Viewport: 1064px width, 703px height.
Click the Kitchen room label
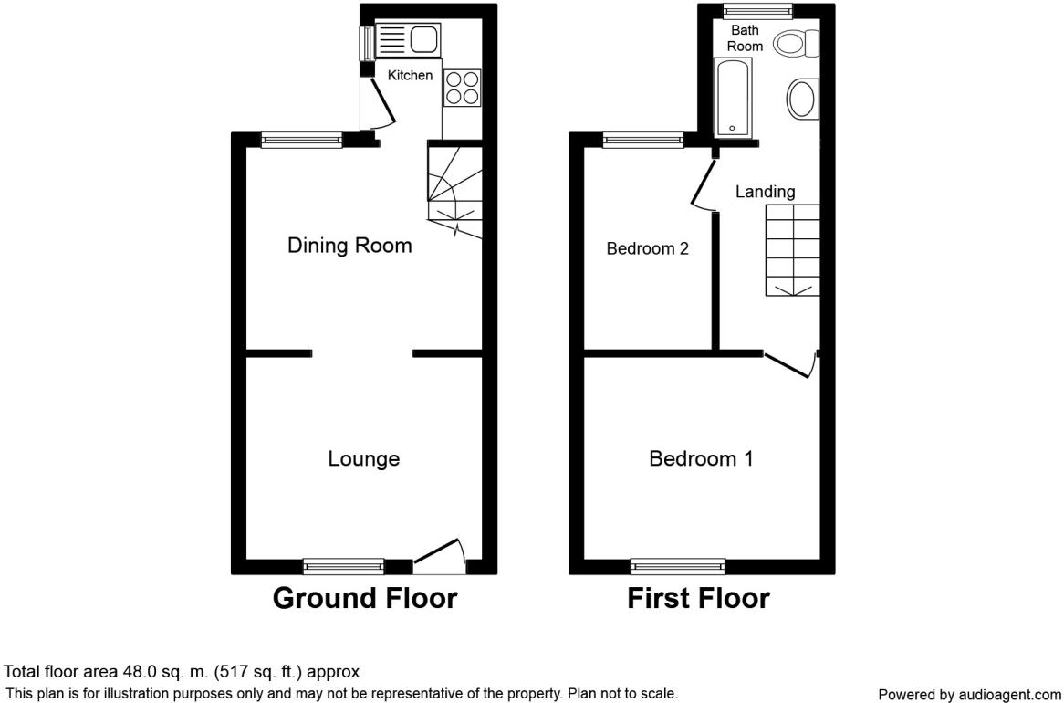coord(410,76)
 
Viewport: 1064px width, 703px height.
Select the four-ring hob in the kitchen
coord(462,88)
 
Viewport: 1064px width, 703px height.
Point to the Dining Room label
coord(349,245)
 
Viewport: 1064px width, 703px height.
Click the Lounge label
coord(364,458)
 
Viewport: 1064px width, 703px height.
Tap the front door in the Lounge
coord(440,552)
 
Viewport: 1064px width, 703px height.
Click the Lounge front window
coord(343,566)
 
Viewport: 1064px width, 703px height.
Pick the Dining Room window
coord(303,140)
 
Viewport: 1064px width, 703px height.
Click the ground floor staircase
coord(454,190)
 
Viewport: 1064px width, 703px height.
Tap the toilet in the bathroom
coord(798,44)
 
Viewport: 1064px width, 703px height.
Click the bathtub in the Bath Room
coord(734,97)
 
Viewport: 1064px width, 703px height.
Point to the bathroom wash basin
coord(803,100)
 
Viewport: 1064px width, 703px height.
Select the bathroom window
coord(758,9)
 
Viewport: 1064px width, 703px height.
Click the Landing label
coord(766,192)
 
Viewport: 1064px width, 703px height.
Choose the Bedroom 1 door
coord(790,364)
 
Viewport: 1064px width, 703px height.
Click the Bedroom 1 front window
coord(678,566)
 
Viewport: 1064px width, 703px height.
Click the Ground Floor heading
coord(365,598)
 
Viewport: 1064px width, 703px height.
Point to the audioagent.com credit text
coord(969,694)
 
